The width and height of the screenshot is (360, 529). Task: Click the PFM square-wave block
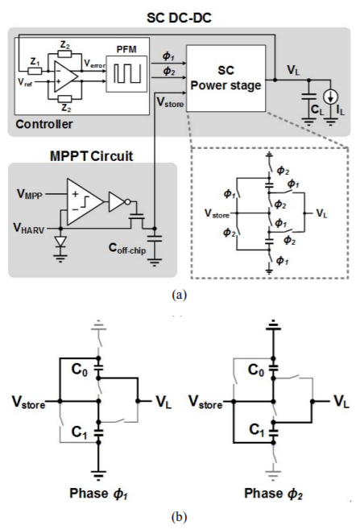click(126, 74)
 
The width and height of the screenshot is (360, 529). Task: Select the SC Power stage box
click(226, 78)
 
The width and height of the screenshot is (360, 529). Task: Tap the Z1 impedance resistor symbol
click(35, 71)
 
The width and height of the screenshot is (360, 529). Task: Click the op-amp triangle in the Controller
click(66, 76)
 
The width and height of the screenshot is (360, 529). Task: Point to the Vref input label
click(25, 82)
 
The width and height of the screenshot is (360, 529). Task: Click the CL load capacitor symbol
click(308, 97)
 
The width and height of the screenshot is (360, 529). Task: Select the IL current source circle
click(331, 97)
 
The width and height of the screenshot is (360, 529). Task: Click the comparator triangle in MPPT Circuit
click(85, 202)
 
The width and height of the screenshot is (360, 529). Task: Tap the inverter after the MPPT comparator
click(117, 202)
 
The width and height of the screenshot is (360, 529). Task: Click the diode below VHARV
click(60, 242)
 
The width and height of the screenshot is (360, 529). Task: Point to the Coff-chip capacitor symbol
click(155, 239)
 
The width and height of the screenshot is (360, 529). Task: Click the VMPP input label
click(30, 194)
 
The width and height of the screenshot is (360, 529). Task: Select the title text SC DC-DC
click(179, 18)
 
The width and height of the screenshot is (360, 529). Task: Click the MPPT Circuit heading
click(92, 156)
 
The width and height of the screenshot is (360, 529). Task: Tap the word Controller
click(44, 124)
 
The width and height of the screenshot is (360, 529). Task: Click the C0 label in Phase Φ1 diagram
click(80, 370)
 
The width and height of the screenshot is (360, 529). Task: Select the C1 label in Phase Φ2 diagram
click(257, 430)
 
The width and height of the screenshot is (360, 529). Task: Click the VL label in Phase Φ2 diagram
click(341, 402)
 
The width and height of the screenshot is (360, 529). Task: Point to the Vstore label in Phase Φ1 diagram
click(28, 403)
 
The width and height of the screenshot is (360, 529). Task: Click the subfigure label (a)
click(179, 295)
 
